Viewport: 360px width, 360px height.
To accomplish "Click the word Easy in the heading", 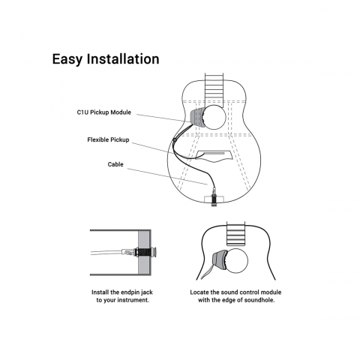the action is pyautogui.click(x=67, y=59).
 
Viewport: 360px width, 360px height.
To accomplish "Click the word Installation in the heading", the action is pyautogui.click(x=123, y=59).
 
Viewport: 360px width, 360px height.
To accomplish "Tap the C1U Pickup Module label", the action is pyautogui.click(x=104, y=112).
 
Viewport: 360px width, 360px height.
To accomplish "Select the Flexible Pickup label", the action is pyautogui.click(x=108, y=139).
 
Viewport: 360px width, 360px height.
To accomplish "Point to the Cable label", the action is pyautogui.click(x=115, y=164).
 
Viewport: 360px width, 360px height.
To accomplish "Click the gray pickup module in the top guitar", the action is pyautogui.click(x=197, y=117).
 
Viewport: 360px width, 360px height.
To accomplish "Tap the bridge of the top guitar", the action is pyautogui.click(x=214, y=156).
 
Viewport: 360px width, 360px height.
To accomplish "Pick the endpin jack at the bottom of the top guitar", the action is pyautogui.click(x=214, y=198).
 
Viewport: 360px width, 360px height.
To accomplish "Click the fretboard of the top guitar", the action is pyautogui.click(x=214, y=88).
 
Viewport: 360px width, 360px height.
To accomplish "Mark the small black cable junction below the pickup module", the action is pyautogui.click(x=175, y=139).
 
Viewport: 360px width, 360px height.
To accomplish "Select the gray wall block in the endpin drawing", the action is pyautogui.click(x=145, y=253).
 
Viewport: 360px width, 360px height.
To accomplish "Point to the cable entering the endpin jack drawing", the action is pyautogui.click(x=106, y=253).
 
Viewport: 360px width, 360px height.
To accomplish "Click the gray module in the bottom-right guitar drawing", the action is pyautogui.click(x=219, y=260).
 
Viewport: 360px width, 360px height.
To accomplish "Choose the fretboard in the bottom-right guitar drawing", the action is pyautogui.click(x=235, y=233).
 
